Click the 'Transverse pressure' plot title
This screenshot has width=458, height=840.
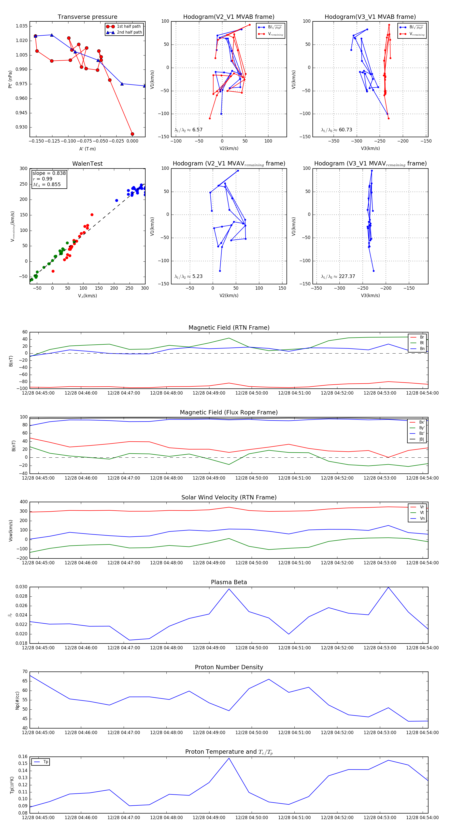click(87, 17)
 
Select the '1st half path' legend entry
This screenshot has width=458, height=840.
click(128, 26)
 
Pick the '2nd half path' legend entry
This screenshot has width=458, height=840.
click(129, 32)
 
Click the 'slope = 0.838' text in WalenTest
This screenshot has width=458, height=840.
click(49, 173)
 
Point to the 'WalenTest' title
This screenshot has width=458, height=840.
click(87, 164)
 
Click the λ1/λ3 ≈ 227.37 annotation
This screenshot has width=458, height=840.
click(338, 276)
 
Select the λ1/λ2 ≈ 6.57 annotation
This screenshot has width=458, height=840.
click(188, 130)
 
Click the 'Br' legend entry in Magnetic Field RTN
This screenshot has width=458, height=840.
click(422, 337)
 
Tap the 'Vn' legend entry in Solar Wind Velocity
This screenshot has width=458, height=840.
click(422, 519)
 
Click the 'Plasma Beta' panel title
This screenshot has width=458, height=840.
click(229, 582)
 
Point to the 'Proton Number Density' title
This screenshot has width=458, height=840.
click(229, 667)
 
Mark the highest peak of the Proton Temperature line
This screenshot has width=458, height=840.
click(229, 758)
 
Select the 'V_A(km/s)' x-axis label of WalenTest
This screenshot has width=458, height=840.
click(87, 296)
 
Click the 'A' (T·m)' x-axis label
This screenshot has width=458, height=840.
click(87, 149)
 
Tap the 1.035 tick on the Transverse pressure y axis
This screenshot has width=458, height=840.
click(22, 26)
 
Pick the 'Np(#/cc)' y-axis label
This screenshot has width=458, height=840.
click(18, 701)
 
